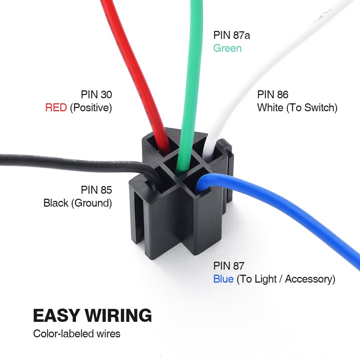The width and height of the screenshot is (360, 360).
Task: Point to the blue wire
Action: coord(288,209)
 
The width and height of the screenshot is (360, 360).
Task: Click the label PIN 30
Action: coord(96,95)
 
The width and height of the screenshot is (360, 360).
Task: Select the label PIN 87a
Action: coord(232,35)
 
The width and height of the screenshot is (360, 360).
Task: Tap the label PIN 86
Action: coord(273,95)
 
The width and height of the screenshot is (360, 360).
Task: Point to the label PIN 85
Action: coord(96,190)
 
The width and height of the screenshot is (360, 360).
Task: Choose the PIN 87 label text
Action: coord(229,266)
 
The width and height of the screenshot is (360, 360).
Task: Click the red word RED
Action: coord(56,108)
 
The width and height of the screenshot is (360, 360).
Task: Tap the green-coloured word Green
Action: coord(227,48)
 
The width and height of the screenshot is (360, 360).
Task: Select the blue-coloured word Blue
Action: coord(223,279)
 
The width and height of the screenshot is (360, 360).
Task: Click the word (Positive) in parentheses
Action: coord(91,108)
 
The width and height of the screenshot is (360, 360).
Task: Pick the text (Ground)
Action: coord(91,203)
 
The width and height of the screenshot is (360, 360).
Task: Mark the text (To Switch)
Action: coord(312,108)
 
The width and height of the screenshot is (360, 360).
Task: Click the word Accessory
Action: coord(310,279)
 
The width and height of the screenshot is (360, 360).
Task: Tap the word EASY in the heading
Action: coord(56,315)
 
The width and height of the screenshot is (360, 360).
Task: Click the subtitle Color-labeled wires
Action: coord(77,333)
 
